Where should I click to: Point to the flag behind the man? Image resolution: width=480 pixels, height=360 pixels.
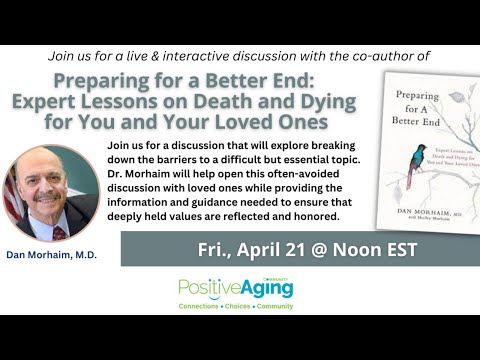13,196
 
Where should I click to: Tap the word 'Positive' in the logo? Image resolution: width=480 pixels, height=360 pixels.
208,288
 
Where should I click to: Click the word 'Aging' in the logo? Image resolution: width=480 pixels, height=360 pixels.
265,289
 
